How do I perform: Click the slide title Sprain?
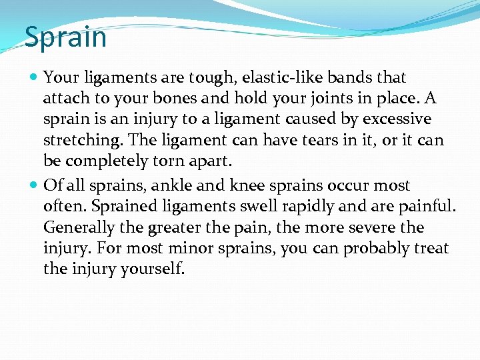coord(65,37)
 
